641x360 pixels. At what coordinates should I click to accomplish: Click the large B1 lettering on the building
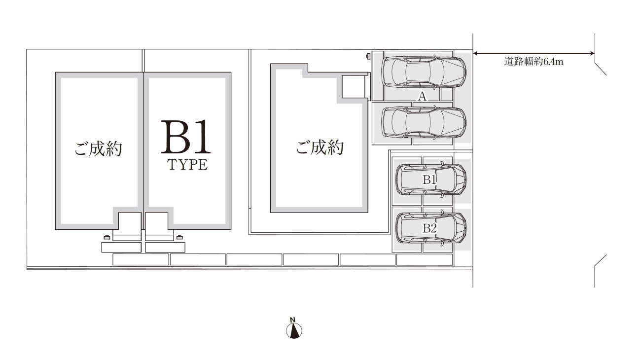pos(186,137)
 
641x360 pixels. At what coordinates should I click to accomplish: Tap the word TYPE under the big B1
pos(187,165)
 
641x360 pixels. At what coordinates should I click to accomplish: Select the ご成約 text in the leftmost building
pos(98,148)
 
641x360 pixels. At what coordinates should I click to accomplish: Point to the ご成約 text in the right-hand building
pos(320,147)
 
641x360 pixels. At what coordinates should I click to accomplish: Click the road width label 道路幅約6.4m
pos(534,62)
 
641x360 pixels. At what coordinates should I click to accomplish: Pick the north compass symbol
pos(294,331)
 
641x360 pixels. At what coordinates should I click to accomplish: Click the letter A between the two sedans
pos(422,97)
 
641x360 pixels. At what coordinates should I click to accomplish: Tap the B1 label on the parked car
pos(429,180)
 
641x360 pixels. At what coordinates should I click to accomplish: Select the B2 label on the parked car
pos(430,228)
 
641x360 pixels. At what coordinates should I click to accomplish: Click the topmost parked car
pos(424,72)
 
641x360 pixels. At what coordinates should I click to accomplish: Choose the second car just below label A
pos(424,122)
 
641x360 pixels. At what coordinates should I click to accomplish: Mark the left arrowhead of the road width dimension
pos(475,53)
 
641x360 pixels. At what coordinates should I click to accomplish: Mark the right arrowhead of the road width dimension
pos(592,53)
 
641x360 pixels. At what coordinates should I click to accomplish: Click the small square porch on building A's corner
pos(354,86)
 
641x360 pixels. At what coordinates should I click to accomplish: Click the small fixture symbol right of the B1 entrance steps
pos(179,237)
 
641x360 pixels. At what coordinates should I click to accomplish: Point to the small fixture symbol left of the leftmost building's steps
pos(107,237)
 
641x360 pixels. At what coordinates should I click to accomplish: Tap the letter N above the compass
pos(292,320)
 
